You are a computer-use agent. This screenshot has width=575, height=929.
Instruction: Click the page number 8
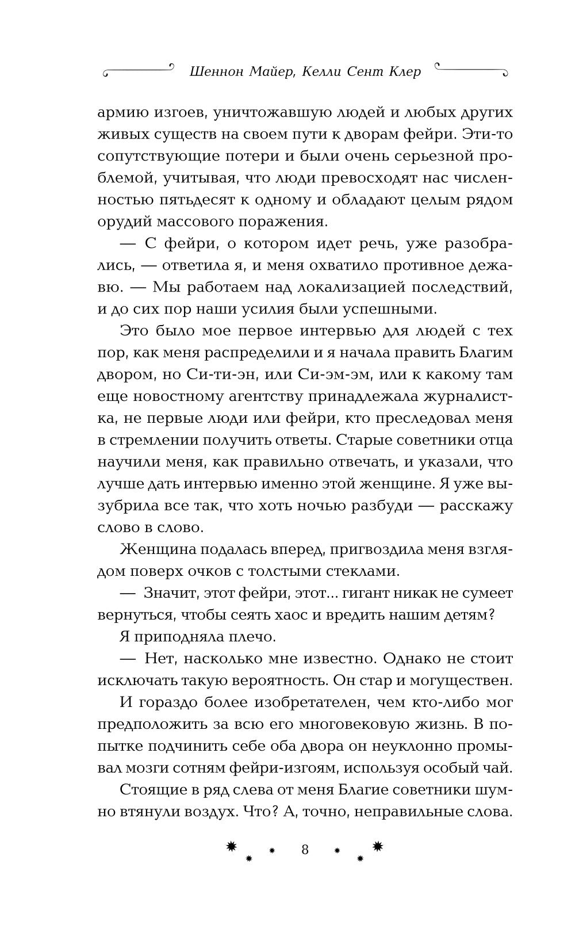[305, 850]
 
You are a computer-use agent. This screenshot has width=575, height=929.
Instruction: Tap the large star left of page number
[231, 845]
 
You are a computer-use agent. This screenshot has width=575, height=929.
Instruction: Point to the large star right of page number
[378, 845]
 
